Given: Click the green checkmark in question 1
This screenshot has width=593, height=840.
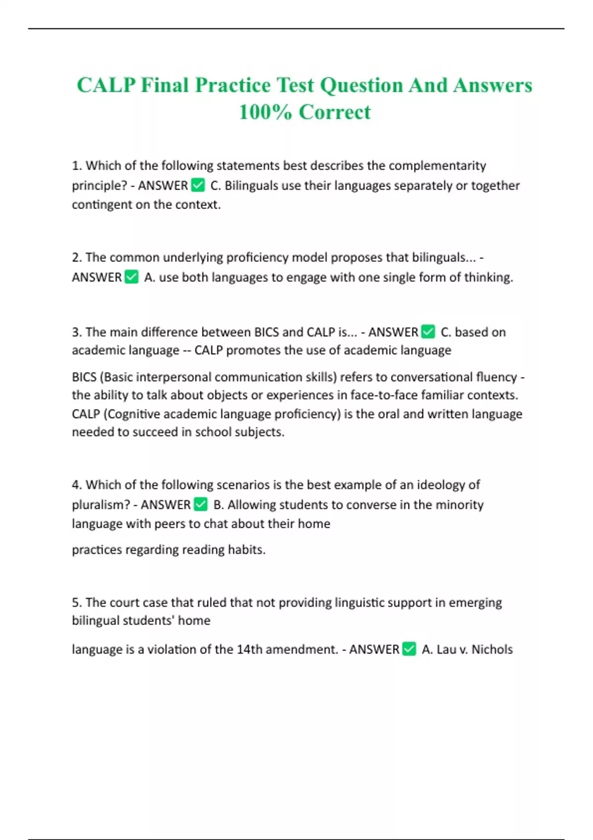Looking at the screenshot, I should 198,185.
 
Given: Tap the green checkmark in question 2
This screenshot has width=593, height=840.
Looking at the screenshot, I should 131,277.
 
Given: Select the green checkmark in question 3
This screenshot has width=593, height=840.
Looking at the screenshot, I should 428,332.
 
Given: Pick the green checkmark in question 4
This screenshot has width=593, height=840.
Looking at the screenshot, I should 201,504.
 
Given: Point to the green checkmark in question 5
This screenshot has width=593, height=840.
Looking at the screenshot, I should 409,649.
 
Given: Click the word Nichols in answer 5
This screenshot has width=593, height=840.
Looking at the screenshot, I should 492,649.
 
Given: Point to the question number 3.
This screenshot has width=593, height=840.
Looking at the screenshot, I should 76,332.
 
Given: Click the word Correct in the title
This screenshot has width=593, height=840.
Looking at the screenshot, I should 335,112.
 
